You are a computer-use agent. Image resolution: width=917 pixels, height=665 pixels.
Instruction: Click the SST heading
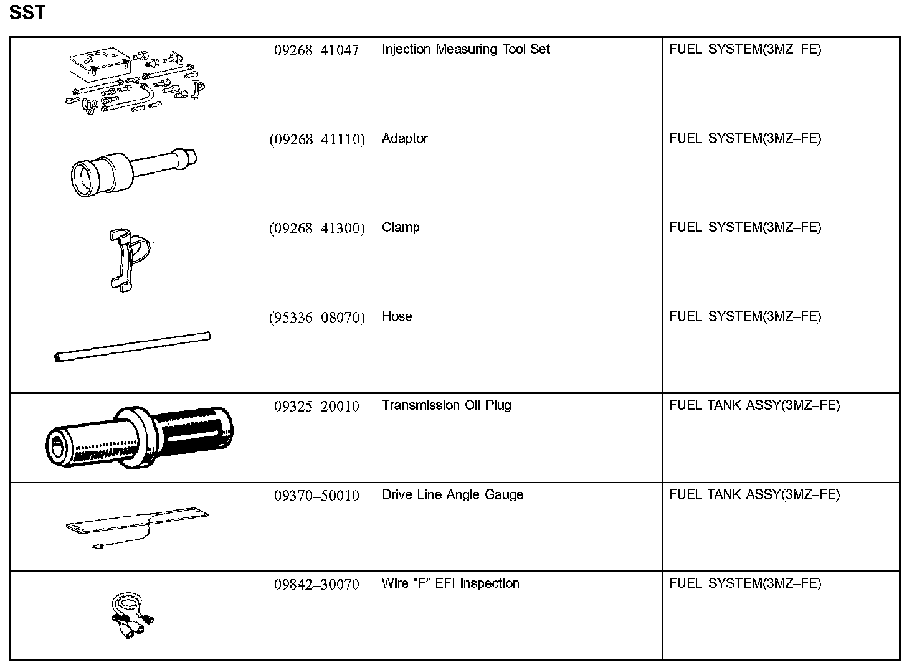27,12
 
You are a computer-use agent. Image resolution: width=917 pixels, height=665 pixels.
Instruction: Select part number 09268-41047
316,50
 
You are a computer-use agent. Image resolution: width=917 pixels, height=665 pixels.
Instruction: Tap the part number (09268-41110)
316,139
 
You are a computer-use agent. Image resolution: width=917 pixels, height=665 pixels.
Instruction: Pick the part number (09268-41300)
316,229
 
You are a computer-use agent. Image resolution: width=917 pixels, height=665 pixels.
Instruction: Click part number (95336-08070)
316,318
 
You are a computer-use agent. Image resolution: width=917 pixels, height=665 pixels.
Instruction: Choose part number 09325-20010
316,407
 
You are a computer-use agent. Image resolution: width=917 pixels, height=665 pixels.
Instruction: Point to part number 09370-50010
316,496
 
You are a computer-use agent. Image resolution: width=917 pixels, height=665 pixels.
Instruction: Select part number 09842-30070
316,585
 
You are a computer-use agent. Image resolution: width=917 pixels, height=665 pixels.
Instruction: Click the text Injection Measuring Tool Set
465,49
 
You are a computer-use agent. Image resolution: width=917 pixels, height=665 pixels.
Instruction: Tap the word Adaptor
404,138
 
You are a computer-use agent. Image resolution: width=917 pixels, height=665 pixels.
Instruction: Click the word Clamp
401,227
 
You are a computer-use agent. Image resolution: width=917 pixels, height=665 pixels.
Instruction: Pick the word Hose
397,316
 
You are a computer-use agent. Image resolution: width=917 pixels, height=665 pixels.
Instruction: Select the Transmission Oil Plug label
446,405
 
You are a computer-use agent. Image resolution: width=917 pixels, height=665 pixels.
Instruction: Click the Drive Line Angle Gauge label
452,494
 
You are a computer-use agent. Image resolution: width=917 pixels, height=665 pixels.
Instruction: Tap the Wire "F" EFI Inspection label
450,583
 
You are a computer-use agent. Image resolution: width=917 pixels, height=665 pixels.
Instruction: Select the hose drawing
133,347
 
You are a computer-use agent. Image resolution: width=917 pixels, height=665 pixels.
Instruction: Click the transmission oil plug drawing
140,437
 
